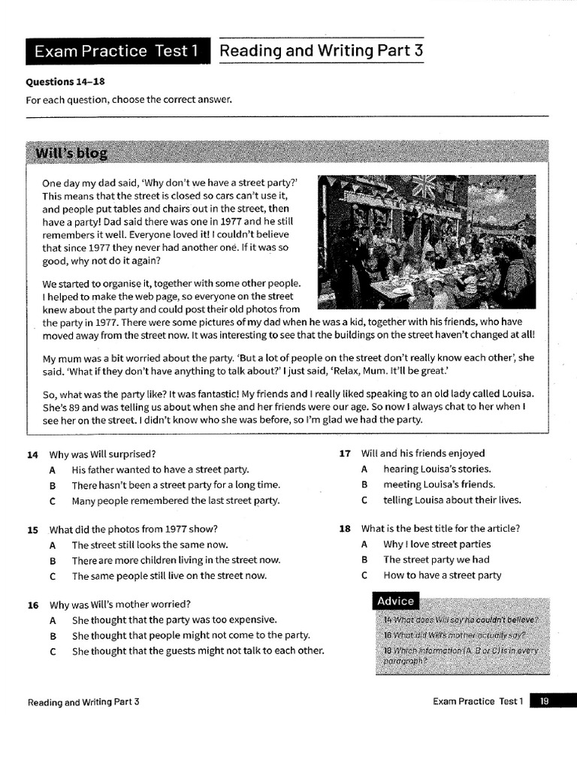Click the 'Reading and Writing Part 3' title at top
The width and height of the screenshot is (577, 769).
[322, 50]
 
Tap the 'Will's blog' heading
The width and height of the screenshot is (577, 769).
[71, 154]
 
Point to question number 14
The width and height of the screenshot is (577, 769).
[32, 454]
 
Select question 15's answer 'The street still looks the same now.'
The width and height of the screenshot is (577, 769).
[150, 544]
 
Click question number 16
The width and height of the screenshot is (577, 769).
[32, 604]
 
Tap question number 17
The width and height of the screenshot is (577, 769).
[345, 454]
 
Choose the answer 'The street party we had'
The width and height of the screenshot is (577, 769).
[436, 559]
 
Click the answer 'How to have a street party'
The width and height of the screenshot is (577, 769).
[442, 575]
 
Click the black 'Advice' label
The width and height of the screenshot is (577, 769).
[395, 601]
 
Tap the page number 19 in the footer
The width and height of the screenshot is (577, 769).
[545, 701]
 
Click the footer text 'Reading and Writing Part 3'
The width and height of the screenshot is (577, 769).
[83, 702]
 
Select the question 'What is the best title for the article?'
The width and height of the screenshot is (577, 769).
[440, 529]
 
